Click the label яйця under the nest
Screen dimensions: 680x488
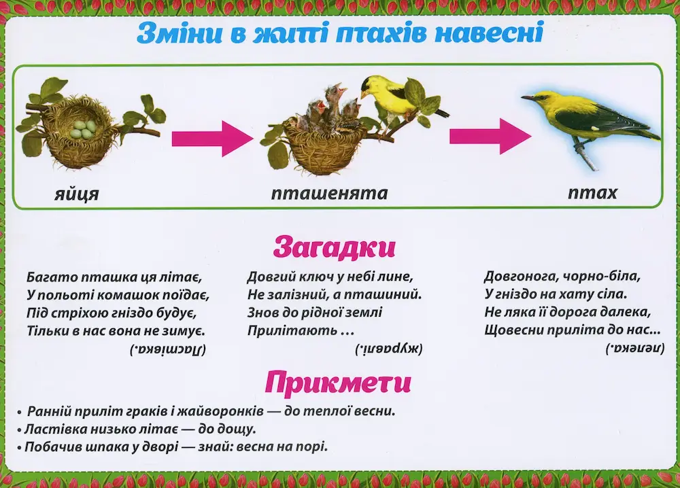(x=77, y=194)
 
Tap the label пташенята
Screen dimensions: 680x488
(x=329, y=193)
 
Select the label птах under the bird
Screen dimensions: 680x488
(x=592, y=192)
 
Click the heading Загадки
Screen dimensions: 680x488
(x=335, y=247)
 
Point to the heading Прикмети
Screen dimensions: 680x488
(x=338, y=383)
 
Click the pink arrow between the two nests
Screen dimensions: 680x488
(x=212, y=138)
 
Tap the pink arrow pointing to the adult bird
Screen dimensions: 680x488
(x=490, y=136)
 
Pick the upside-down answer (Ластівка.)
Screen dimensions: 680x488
(x=168, y=349)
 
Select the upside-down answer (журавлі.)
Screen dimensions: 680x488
(x=388, y=349)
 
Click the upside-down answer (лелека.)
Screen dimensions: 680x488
(x=635, y=349)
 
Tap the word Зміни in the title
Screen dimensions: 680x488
(x=181, y=33)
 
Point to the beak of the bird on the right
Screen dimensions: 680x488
(x=528, y=98)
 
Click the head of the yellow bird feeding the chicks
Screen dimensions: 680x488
(x=372, y=86)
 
